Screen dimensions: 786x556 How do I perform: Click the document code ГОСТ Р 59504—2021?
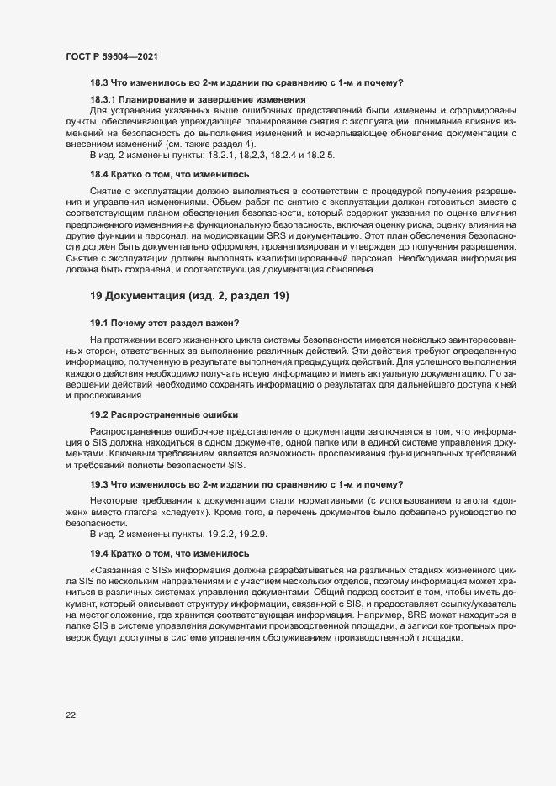[111, 56]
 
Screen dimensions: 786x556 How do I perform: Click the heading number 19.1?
[100, 322]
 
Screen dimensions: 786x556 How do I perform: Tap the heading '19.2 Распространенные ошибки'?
[163, 414]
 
